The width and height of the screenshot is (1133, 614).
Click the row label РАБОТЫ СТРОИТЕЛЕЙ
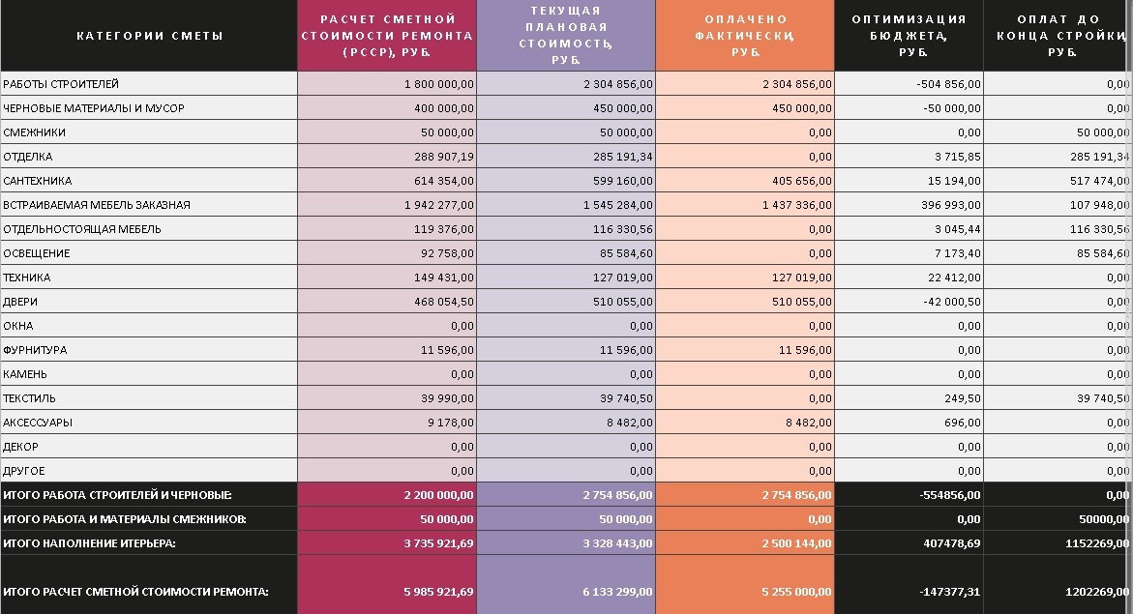click(61, 84)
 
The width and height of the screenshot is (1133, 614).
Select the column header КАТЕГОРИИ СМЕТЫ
click(150, 36)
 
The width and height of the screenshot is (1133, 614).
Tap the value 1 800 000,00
click(438, 84)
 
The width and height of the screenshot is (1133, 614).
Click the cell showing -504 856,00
click(948, 84)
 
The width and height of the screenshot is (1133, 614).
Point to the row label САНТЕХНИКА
click(38, 181)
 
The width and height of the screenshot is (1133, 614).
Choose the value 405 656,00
click(797, 181)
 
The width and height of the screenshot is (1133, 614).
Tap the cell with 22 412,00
click(954, 278)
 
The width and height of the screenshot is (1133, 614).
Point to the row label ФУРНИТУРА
click(35, 350)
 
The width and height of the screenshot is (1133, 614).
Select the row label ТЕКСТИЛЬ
click(30, 398)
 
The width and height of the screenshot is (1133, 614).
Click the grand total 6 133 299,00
click(616, 591)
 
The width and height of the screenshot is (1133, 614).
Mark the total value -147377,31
click(945, 591)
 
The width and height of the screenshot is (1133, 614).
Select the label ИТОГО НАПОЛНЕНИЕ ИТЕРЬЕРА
click(89, 543)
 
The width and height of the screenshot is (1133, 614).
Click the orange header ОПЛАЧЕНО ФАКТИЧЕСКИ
click(745, 36)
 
